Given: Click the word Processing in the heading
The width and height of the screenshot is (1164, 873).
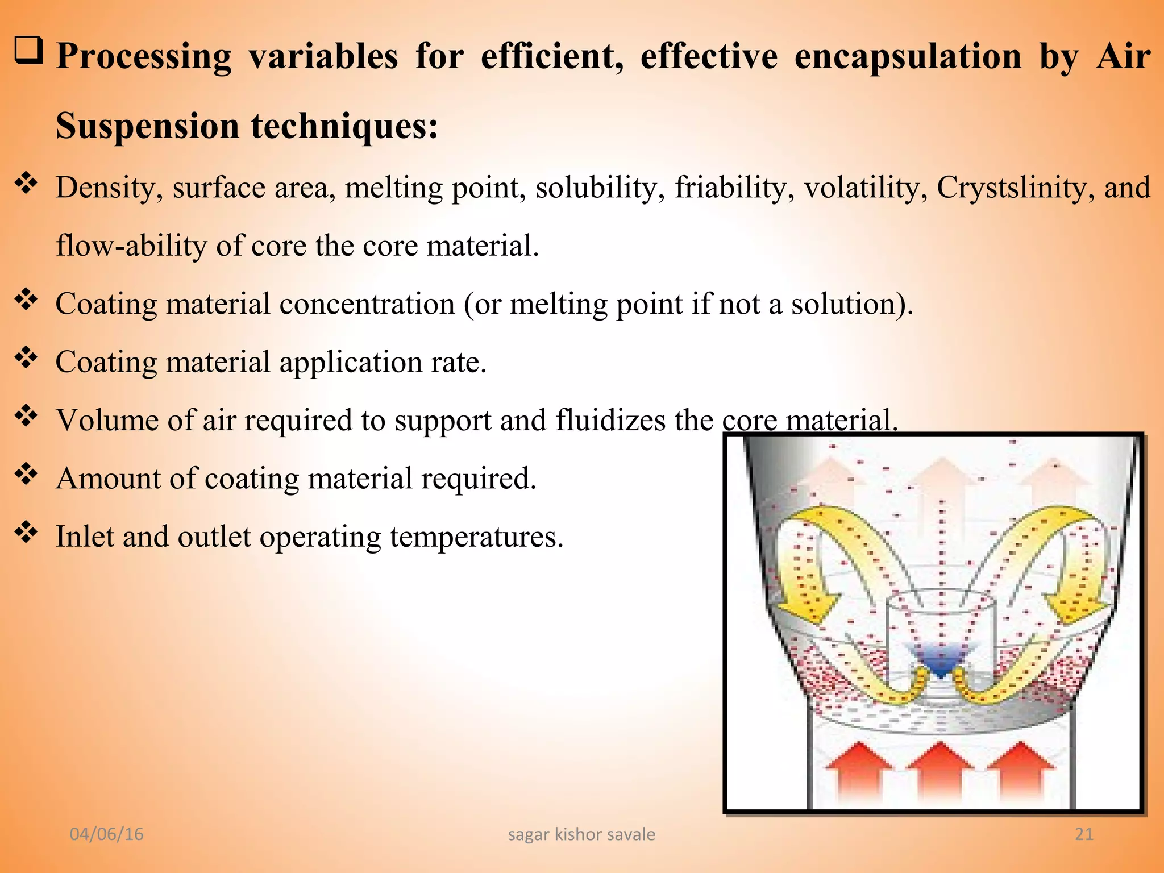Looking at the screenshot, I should click(x=144, y=57).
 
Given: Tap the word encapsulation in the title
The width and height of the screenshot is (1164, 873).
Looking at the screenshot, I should click(x=908, y=57).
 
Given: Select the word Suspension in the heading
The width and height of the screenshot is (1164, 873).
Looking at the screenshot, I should click(x=148, y=126).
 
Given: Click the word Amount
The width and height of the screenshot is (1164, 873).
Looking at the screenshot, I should click(x=108, y=478).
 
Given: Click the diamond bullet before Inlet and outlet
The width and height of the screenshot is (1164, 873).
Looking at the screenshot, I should click(x=26, y=533).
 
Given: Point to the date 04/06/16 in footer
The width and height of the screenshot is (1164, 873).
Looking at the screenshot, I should click(x=106, y=834).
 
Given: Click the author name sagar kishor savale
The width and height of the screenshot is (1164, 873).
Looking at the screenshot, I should click(x=581, y=834).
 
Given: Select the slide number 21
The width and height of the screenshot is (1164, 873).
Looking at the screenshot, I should click(x=1084, y=834).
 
